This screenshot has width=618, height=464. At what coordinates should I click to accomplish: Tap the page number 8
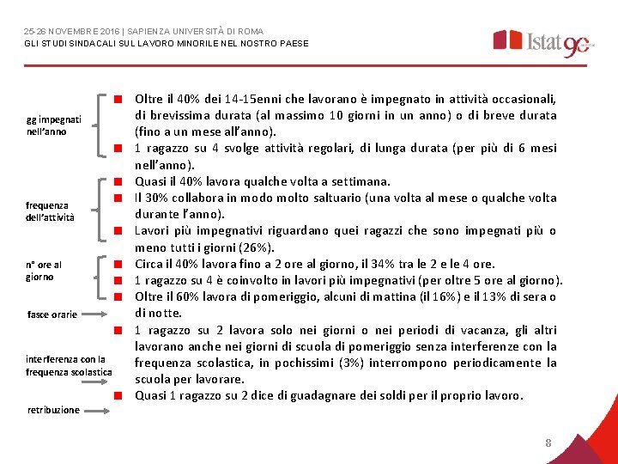click(548, 443)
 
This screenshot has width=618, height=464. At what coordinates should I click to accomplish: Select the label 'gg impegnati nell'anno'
click(53, 125)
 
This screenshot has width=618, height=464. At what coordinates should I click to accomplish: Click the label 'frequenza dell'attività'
click(50, 211)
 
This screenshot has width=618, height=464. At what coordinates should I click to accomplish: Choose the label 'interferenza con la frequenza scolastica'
click(69, 365)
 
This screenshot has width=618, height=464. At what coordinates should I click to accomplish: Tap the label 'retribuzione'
click(53, 410)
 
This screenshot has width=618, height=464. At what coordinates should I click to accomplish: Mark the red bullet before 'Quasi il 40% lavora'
click(123, 182)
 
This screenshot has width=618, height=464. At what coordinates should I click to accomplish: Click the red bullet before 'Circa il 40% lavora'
click(123, 264)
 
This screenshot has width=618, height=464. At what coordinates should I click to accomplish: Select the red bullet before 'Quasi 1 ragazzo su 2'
click(123, 396)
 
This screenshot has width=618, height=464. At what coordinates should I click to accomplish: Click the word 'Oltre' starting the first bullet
click(149, 99)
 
